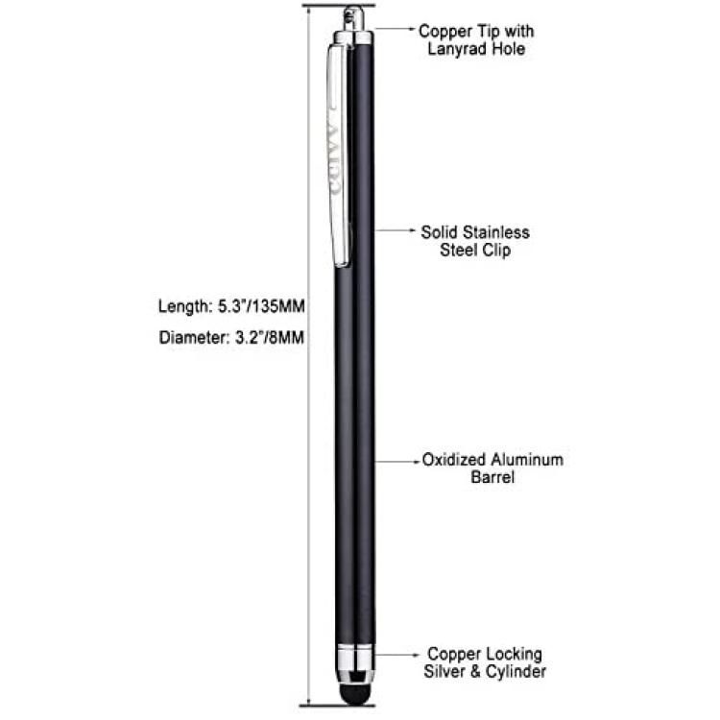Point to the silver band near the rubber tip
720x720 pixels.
354,657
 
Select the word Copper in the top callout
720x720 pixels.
445,32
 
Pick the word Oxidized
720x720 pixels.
454,460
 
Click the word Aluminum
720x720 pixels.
527,460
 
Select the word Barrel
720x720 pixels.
492,477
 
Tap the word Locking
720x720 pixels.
514,655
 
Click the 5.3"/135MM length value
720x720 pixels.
261,306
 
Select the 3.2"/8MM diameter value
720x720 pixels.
270,338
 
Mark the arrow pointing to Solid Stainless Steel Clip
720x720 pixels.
396,230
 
